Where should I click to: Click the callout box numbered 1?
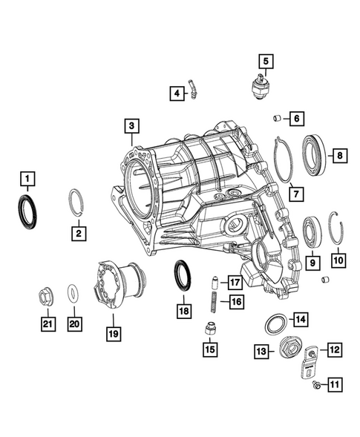tap(27, 178)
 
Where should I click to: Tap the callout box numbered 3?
tap(131, 128)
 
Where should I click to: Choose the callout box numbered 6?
tap(295, 118)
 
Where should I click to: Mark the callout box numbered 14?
tap(299, 320)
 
